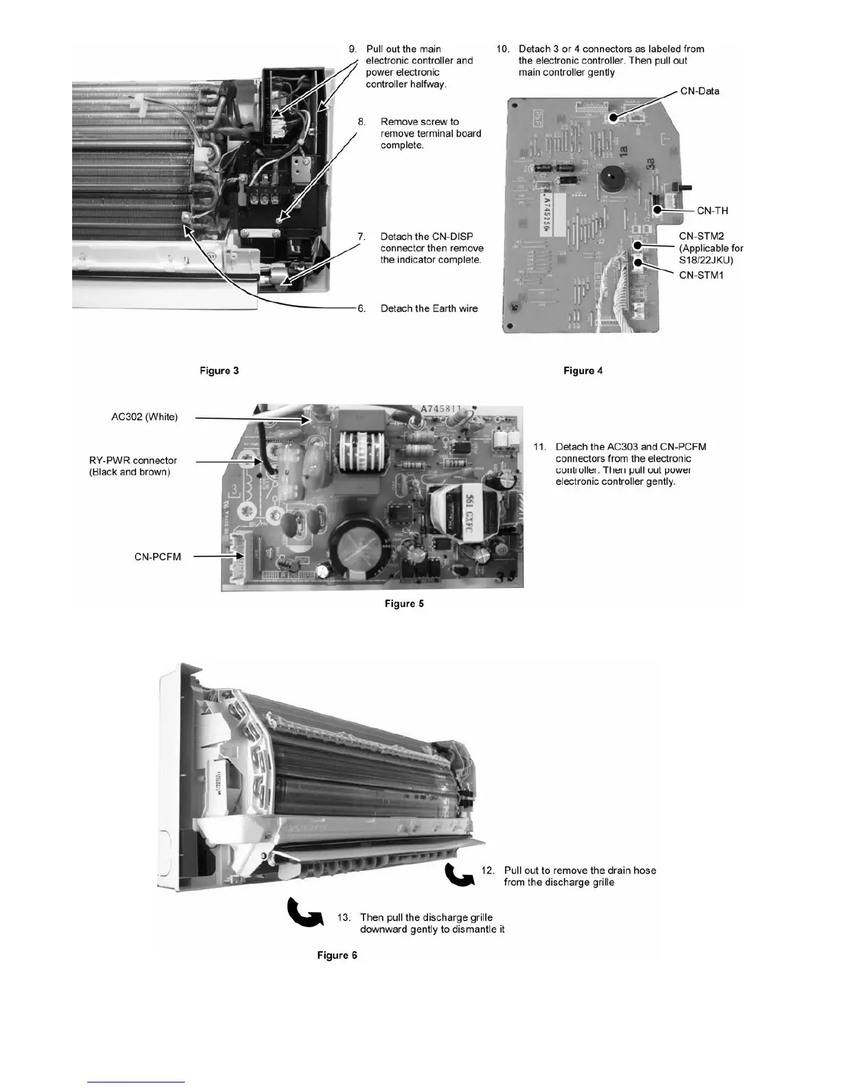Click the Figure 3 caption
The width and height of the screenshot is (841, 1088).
click(219, 371)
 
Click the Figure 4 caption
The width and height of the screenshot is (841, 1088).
click(583, 371)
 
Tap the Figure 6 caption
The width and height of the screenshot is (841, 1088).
click(337, 955)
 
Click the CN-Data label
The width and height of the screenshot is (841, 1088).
click(699, 91)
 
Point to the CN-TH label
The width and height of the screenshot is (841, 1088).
click(713, 211)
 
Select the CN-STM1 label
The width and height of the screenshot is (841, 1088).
click(701, 275)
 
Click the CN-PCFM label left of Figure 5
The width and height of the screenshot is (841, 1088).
click(157, 557)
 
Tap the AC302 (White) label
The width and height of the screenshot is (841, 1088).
click(144, 417)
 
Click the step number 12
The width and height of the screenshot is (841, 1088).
click(488, 870)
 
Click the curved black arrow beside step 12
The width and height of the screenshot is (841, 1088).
click(459, 874)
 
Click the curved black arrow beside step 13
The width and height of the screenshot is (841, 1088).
click(304, 913)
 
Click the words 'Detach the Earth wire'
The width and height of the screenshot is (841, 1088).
click(429, 308)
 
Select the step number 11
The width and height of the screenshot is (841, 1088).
click(540, 447)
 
